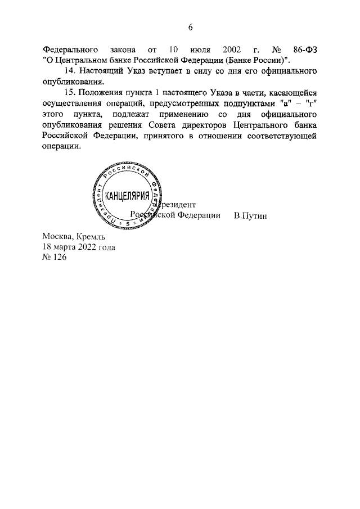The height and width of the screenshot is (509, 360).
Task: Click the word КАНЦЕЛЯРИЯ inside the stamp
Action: pyautogui.click(x=127, y=197)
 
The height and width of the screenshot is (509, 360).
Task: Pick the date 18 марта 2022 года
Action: pyautogui.click(x=79, y=247)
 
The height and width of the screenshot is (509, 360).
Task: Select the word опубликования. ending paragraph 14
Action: pyautogui.click(x=73, y=82)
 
